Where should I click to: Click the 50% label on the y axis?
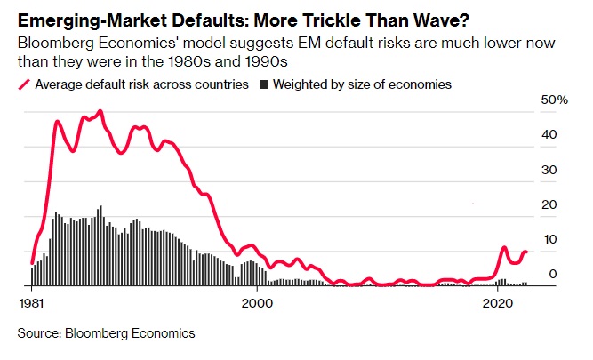pyautogui.click(x=555, y=100)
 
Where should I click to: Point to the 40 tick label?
pyautogui.click(x=550, y=134)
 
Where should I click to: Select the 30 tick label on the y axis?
pyautogui.click(x=550, y=169)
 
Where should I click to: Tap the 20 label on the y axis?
pyautogui.click(x=550, y=204)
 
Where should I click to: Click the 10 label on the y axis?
pyautogui.click(x=550, y=239)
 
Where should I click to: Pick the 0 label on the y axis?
pyautogui.click(x=553, y=274)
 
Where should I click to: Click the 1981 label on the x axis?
pyautogui.click(x=32, y=302)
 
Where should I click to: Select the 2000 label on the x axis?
pyautogui.click(x=257, y=302)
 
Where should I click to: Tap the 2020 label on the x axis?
pyautogui.click(x=496, y=302)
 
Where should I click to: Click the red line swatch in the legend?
pyautogui.click(x=23, y=84)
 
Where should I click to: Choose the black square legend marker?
pyautogui.click(x=264, y=84)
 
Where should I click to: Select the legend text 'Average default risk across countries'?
pyautogui.click(x=140, y=84)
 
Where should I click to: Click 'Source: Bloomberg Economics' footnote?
pyautogui.click(x=106, y=333)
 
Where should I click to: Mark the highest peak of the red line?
pyautogui.click(x=100, y=111)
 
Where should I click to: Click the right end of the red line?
pyautogui.click(x=526, y=252)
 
